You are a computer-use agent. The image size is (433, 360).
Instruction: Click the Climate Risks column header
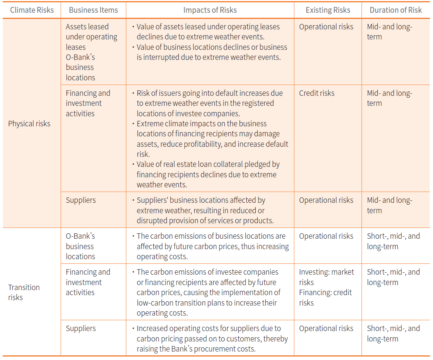pyautogui.click(x=32, y=10)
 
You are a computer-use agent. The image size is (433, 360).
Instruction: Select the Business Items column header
pyautogui.click(x=93, y=10)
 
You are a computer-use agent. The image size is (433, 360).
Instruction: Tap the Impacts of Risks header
pyautogui.click(x=210, y=10)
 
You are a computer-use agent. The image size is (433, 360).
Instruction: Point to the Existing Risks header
pyautogui.click(x=328, y=10)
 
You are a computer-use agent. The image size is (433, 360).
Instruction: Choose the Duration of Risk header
pyautogui.click(x=396, y=10)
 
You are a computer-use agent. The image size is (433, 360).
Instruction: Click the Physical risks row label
pyautogui.click(x=29, y=124)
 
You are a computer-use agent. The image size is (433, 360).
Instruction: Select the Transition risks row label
pyautogui.click(x=24, y=292)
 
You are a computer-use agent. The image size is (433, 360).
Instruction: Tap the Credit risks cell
pyautogui.click(x=317, y=93)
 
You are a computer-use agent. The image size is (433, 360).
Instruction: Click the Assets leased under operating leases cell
pyautogui.click(x=91, y=37)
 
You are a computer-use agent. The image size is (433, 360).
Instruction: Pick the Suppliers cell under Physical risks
pyautogui.click(x=81, y=200)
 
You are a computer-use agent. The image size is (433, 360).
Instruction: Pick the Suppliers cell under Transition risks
pyautogui.click(x=81, y=328)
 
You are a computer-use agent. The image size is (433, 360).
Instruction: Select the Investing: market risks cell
pyautogui.click(x=326, y=277)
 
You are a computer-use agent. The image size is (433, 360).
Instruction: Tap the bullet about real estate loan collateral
pyautogui.click(x=208, y=174)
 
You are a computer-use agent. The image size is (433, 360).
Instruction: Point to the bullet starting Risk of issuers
pyautogui.click(x=209, y=103)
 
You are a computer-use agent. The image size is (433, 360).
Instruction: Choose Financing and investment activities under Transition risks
pyautogui.click(x=88, y=282)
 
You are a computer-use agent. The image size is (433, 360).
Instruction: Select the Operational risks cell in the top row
pyautogui.click(x=326, y=27)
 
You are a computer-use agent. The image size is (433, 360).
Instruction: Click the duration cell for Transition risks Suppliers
pyautogui.click(x=393, y=333)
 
